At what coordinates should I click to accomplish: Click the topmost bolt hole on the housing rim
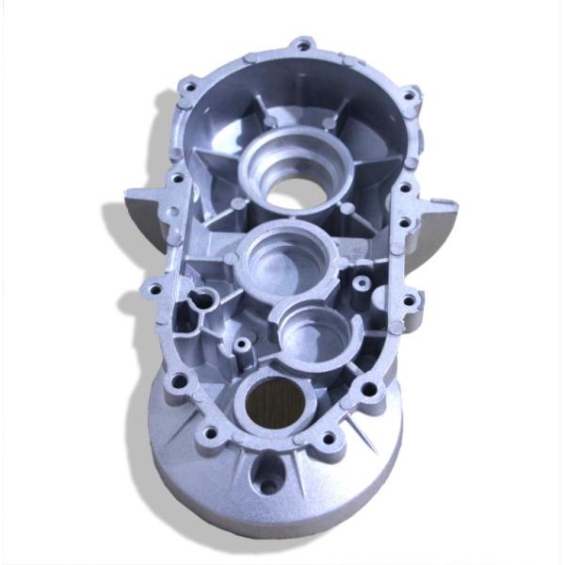pyautogui.click(x=303, y=43)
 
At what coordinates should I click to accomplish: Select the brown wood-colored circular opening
pyautogui.click(x=275, y=407)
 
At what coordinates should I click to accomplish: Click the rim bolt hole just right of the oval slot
pyautogui.click(x=330, y=439)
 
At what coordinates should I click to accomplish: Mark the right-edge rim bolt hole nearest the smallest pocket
pyautogui.click(x=410, y=303)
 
